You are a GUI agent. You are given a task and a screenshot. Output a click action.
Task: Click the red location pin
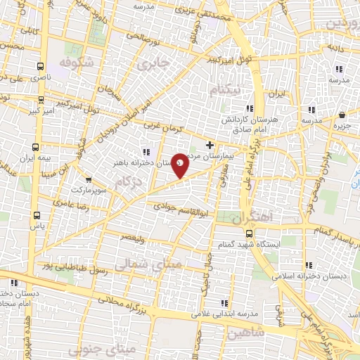(x=181, y=165)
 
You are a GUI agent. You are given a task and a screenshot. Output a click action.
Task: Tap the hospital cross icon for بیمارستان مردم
(x=210, y=144)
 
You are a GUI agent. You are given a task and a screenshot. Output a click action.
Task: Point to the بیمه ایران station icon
(x=36, y=148)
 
